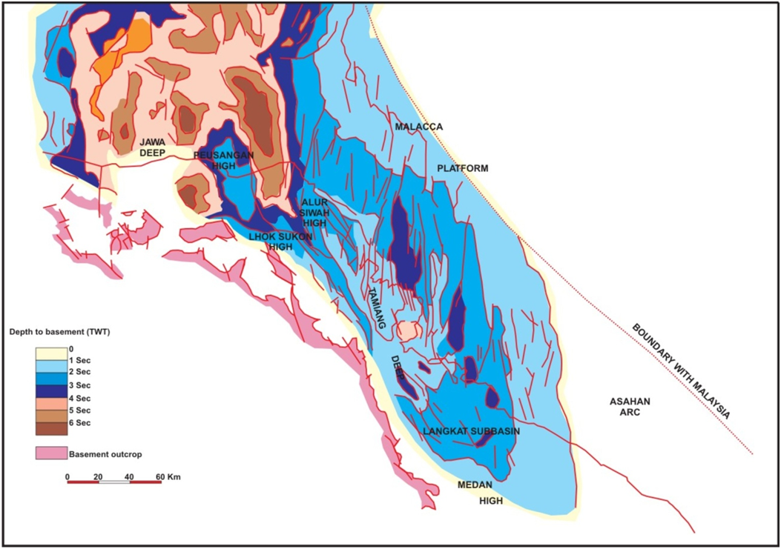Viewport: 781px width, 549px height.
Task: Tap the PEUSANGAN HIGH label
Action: [x=223, y=160]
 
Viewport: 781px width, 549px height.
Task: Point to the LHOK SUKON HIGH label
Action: [x=280, y=242]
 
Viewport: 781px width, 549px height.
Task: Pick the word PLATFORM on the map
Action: [x=462, y=168]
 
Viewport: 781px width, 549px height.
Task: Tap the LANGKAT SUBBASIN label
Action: [x=471, y=431]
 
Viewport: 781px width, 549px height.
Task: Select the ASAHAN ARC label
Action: [x=630, y=407]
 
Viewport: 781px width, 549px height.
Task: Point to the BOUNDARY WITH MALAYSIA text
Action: [x=682, y=371]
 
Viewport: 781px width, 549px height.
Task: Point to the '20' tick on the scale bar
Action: [x=98, y=476]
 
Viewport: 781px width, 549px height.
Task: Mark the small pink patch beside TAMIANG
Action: [x=407, y=330]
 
